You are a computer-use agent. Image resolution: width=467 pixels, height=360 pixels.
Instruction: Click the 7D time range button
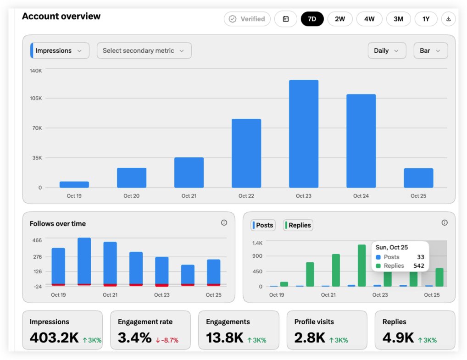(312, 19)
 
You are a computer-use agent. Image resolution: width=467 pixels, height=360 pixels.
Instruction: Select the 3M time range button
(399, 19)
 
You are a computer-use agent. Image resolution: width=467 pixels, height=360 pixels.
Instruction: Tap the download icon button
(449, 19)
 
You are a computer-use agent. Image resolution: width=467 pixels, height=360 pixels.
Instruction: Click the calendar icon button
(286, 19)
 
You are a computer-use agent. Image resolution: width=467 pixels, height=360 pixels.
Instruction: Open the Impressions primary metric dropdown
(60, 50)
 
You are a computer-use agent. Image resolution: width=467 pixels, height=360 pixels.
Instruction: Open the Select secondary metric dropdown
(144, 50)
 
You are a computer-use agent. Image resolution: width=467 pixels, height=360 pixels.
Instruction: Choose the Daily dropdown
(387, 50)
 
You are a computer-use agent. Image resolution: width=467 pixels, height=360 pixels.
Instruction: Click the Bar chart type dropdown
(431, 50)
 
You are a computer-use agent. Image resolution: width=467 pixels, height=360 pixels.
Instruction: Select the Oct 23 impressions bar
(304, 134)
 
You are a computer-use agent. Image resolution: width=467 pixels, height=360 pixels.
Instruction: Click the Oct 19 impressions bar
(74, 185)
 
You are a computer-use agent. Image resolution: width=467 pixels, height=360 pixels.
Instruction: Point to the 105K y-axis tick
(36, 98)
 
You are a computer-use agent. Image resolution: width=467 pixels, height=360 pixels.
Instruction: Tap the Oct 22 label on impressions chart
(246, 196)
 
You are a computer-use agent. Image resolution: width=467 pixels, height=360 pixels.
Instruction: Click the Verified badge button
(247, 19)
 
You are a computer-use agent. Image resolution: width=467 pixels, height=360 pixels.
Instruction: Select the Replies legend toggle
(298, 225)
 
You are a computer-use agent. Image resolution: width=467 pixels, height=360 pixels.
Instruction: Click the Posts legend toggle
(263, 225)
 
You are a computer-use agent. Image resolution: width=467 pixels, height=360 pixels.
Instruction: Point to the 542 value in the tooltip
(419, 266)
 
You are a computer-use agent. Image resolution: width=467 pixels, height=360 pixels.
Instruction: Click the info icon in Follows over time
(224, 223)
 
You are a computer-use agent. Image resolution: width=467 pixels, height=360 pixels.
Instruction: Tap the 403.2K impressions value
(54, 338)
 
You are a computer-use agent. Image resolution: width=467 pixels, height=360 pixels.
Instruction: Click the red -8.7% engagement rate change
(167, 340)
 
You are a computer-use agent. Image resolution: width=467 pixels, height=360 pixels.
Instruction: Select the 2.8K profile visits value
(310, 338)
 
